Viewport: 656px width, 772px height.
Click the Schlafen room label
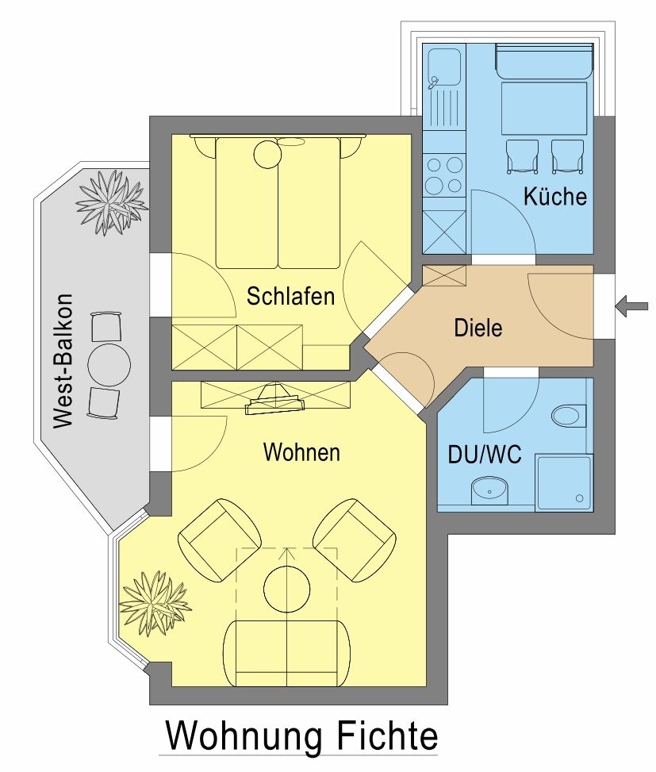(290, 296)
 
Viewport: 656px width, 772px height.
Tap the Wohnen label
(301, 452)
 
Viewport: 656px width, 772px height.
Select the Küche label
(555, 196)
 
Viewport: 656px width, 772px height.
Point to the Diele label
(478, 328)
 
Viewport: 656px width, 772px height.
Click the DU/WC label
(484, 454)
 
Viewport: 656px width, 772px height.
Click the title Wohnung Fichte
(301, 736)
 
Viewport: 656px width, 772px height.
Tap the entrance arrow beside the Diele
(632, 305)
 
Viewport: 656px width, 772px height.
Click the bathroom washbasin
(489, 490)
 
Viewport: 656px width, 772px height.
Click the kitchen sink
(443, 66)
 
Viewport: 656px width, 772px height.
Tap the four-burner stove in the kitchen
(444, 175)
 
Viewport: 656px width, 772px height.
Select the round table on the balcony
(109, 365)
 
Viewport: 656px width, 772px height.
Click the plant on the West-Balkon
(112, 202)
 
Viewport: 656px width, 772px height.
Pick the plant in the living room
(155, 603)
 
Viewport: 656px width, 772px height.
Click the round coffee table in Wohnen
(287, 589)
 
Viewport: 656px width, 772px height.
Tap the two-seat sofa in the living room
(287, 653)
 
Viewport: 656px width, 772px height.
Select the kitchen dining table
(544, 109)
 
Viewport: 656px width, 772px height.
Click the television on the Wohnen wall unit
(274, 399)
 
